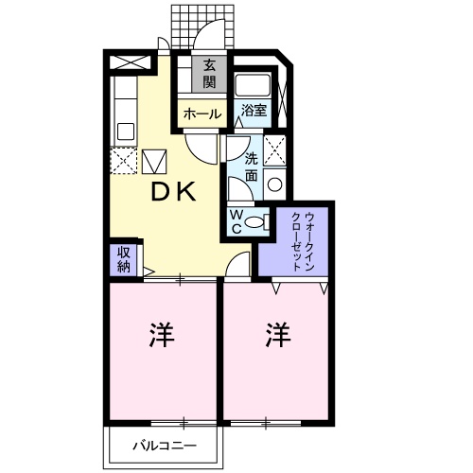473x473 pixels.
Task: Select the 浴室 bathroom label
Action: coord(253,111)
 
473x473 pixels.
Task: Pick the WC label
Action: coord(236,221)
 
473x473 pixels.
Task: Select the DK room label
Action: coord(175,192)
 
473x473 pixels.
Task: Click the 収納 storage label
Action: coord(124,258)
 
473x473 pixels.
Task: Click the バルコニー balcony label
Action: coord(164,446)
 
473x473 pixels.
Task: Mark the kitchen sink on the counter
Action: coord(123,130)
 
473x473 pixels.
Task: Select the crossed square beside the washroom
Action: coord(276,149)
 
